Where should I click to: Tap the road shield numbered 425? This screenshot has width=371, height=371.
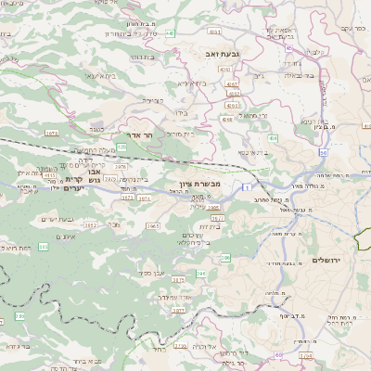122,147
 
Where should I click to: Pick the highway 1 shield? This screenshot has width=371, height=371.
249,186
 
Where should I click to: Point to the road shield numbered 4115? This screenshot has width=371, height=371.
50,173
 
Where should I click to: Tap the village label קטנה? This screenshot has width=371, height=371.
96,131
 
